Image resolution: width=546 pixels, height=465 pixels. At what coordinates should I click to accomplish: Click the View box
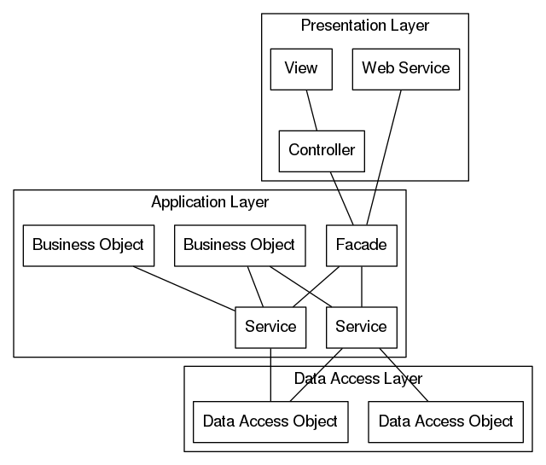300,68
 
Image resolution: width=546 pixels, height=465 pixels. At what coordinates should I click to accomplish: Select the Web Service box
405,68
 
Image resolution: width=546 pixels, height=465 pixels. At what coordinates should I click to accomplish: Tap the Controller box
322,151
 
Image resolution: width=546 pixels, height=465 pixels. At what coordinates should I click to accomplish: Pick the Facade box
361,246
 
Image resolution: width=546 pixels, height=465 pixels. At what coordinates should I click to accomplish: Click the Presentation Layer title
364,26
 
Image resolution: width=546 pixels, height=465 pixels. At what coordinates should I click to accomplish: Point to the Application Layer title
209,202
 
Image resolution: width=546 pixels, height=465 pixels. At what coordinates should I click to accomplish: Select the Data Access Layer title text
357,378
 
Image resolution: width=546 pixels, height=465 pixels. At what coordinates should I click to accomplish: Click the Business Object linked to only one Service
88,246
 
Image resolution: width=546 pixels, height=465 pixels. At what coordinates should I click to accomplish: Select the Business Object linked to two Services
239,246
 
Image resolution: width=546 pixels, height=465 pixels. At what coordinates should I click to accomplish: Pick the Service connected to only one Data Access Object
270,327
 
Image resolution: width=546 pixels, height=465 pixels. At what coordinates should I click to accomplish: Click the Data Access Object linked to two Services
270,421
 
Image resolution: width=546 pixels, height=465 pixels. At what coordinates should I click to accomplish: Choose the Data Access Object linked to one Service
445,421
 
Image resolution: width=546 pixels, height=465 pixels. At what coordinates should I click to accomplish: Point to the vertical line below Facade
362,286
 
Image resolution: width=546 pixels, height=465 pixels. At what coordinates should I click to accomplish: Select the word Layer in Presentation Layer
409,26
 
